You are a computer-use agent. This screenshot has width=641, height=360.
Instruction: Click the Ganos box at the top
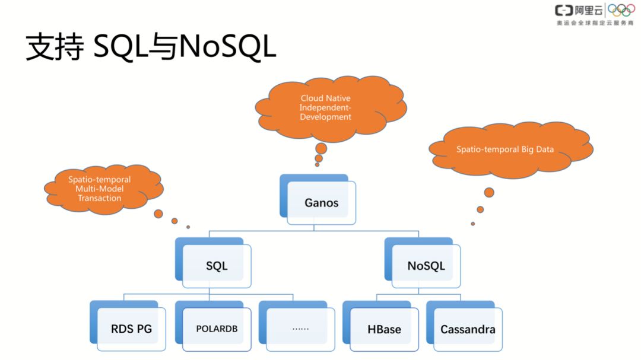click(x=321, y=203)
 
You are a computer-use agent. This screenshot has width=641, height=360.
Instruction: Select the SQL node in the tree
click(x=217, y=266)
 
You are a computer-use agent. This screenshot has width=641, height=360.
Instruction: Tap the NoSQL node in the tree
click(x=426, y=266)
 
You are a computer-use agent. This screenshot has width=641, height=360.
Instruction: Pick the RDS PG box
click(x=131, y=329)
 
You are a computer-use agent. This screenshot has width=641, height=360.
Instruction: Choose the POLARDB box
click(x=217, y=329)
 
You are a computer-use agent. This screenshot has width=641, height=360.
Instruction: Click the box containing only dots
click(x=300, y=328)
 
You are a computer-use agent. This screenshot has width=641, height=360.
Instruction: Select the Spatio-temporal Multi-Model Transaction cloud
click(x=100, y=189)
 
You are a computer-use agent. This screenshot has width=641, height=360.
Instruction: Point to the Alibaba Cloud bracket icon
click(x=564, y=11)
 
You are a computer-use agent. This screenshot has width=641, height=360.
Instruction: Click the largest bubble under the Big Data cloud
click(x=489, y=192)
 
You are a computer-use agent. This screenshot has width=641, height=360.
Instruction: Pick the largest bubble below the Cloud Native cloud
click(x=320, y=148)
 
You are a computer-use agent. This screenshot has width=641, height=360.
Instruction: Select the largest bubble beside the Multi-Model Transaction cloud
click(x=158, y=214)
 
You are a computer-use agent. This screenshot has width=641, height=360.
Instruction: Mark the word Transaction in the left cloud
click(x=100, y=198)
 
